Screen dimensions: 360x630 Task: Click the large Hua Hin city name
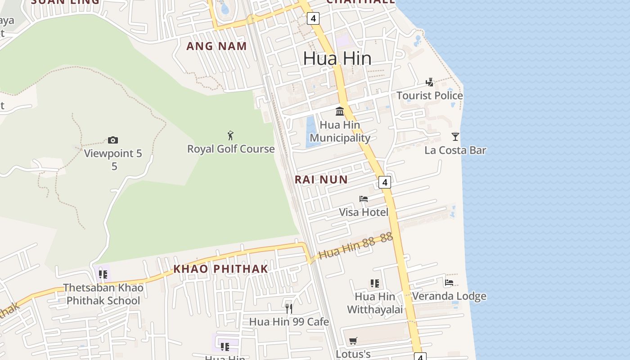pyautogui.click(x=337, y=58)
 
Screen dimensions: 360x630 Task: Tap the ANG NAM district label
pyautogui.click(x=216, y=46)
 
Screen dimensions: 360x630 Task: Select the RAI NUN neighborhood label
pyautogui.click(x=321, y=180)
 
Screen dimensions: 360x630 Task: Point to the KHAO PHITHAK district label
pyautogui.click(x=220, y=269)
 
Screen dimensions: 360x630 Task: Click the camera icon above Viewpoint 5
pyautogui.click(x=113, y=140)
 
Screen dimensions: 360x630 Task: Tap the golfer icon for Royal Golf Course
pyautogui.click(x=230, y=135)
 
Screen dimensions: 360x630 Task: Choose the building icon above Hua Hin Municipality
pyautogui.click(x=340, y=111)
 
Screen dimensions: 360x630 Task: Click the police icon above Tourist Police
pyautogui.click(x=430, y=82)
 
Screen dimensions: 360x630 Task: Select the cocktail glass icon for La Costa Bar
pyautogui.click(x=455, y=137)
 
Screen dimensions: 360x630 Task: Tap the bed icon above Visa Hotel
pyautogui.click(x=364, y=199)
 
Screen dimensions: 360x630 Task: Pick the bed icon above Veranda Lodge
pyautogui.click(x=449, y=283)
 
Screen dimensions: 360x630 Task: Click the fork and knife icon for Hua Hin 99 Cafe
pyautogui.click(x=289, y=308)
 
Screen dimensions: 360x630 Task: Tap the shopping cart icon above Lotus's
pyautogui.click(x=353, y=341)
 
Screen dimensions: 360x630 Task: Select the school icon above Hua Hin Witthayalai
pyautogui.click(x=374, y=283)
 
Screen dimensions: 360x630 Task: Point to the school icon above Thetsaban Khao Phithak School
pyautogui.click(x=103, y=274)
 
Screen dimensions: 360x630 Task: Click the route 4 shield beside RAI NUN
pyautogui.click(x=384, y=182)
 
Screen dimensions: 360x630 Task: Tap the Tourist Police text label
pyautogui.click(x=429, y=96)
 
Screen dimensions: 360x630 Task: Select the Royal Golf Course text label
pyautogui.click(x=231, y=149)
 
